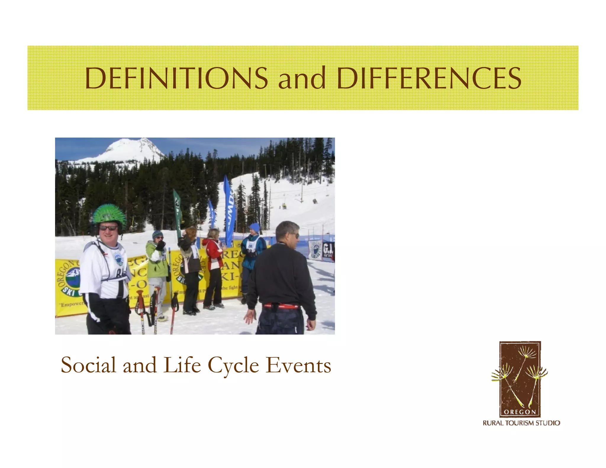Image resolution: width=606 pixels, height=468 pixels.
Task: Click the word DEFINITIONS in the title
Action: pos(176,78)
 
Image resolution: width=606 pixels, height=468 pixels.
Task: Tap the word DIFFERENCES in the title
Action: pos(429,78)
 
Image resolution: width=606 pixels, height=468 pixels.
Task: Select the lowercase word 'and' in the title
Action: pos(302,79)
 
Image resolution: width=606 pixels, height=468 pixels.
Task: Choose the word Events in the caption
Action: pos(298,365)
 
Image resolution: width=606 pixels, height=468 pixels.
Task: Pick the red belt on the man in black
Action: pos(281,306)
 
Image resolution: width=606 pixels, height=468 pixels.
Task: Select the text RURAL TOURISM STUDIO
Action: pos(521,423)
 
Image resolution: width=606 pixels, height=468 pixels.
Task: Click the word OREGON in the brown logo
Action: pos(520,412)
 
